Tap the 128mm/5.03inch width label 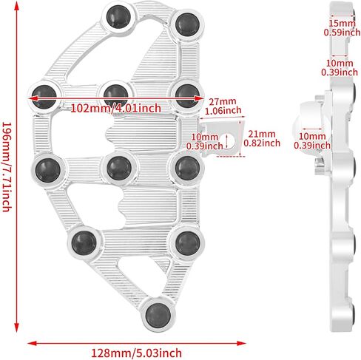coord(136,353)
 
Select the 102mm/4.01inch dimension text coord(115,109)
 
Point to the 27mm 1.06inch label coord(223,106)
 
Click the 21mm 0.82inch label coord(262,138)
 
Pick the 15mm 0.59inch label coord(342,28)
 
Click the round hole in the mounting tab coord(230,142)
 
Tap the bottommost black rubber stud coord(158,316)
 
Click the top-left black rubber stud coord(118,16)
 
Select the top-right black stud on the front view coord(187,24)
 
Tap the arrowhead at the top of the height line coord(16,6)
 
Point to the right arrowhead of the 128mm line coord(241,343)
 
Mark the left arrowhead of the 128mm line coord(32,343)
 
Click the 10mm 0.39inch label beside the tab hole coord(205,141)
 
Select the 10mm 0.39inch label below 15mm coord(340,67)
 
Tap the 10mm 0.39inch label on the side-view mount coord(312,140)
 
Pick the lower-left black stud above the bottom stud coord(84,243)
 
